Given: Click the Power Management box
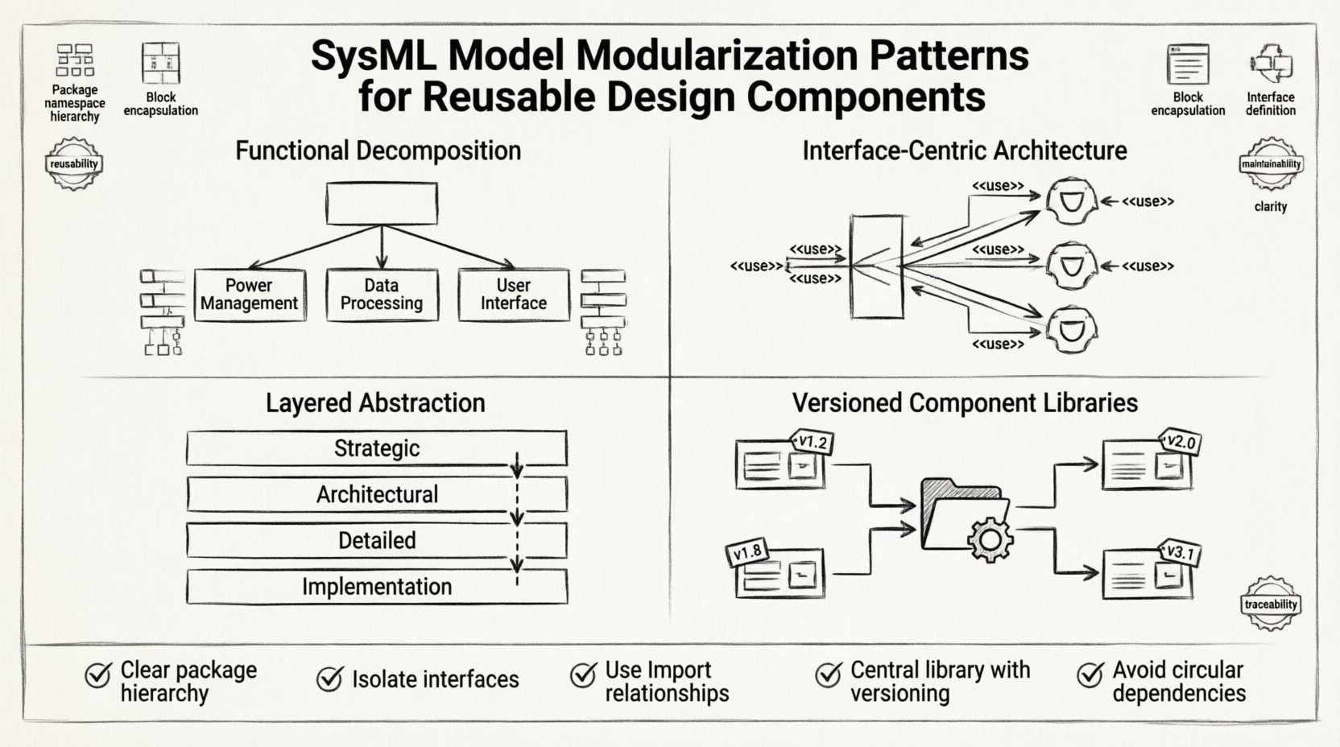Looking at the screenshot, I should [250, 295].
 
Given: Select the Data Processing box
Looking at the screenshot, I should [382, 295].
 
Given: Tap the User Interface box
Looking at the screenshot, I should [514, 295].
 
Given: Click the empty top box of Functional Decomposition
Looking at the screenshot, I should [382, 203].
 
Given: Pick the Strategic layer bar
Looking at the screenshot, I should [376, 448].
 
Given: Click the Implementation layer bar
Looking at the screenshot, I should [376, 587].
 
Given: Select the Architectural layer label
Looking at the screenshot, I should [376, 494].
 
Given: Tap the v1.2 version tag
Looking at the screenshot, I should [812, 442].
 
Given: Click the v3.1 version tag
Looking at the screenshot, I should [1181, 553].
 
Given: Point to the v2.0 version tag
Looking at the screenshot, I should [1181, 442].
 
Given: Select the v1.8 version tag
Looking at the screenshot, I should [748, 552].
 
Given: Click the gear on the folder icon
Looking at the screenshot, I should [989, 539].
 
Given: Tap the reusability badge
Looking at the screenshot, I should [73, 164].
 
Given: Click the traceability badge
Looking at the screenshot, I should [1271, 604].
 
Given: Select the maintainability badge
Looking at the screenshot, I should [1271, 164].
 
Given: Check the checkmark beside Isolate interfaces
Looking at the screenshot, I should [329, 679].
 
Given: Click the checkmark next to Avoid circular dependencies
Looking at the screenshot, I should [1090, 674].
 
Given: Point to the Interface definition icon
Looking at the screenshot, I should [1271, 64].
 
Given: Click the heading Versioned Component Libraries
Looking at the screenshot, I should [964, 402].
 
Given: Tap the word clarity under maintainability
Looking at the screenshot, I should [1270, 207].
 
